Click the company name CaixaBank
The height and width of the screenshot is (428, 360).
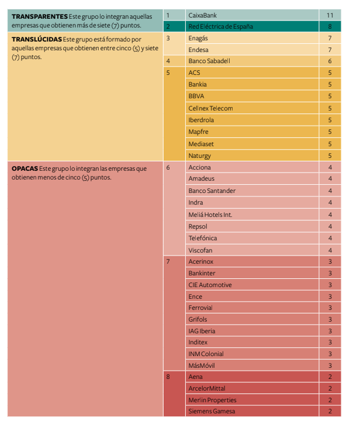click(x=202, y=14)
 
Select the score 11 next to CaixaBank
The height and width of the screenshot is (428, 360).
click(x=330, y=14)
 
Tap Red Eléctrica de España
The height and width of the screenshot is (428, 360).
click(x=220, y=26)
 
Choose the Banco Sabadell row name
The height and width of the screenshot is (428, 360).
click(x=209, y=61)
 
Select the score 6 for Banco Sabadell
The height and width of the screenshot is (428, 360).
click(x=330, y=61)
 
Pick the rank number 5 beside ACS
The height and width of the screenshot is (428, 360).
click(x=168, y=73)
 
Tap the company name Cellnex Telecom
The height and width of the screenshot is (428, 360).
click(x=210, y=108)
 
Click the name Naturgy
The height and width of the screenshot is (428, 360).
click(x=199, y=156)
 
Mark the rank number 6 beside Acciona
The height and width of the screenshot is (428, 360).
click(x=168, y=167)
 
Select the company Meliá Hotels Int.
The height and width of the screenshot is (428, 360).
click(x=210, y=215)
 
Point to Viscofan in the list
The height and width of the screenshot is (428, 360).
click(x=200, y=250)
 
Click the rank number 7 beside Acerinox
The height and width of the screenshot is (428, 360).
click(x=168, y=261)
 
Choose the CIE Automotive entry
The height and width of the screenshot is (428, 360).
click(x=210, y=285)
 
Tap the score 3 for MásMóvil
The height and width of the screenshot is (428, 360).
click(x=330, y=365)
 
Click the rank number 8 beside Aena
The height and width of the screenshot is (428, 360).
click(x=168, y=377)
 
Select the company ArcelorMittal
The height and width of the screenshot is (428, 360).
click(x=206, y=388)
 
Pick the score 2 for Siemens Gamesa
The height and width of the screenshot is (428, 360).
click(x=330, y=412)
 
